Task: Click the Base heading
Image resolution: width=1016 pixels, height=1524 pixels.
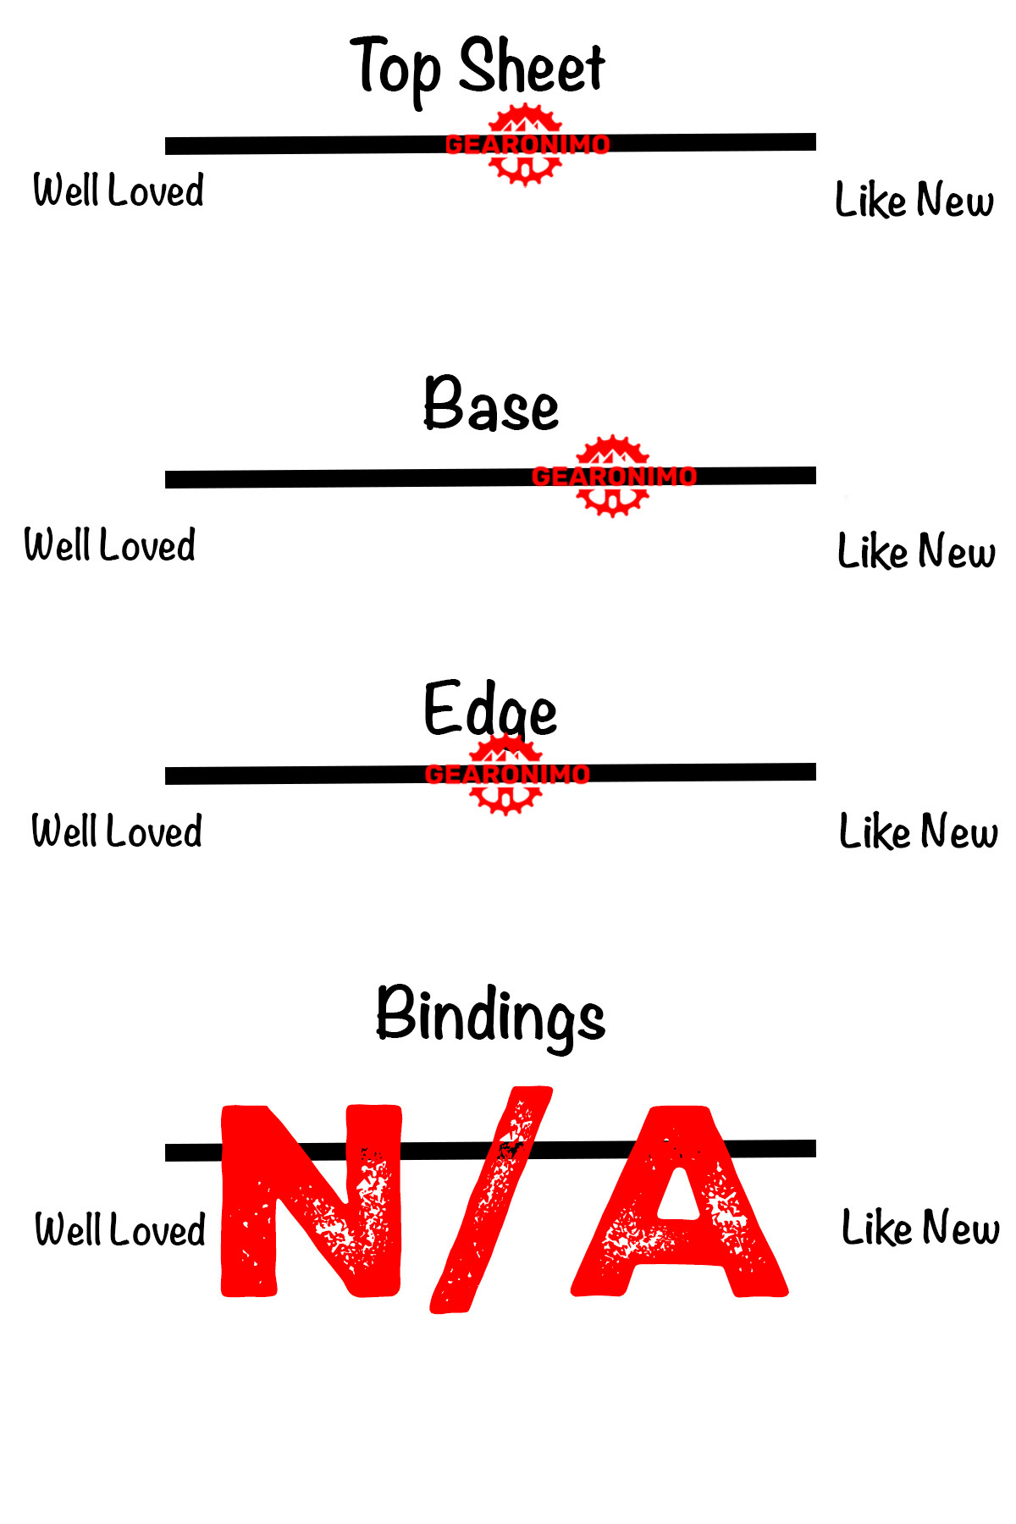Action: pos(491,405)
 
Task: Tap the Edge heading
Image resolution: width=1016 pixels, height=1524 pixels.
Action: pos(490,710)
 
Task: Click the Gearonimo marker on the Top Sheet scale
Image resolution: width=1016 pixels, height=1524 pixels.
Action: pos(526,145)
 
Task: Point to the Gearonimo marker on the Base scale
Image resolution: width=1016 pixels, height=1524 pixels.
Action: pos(613,477)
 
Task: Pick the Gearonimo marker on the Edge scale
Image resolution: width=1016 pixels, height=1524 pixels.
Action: pos(506,774)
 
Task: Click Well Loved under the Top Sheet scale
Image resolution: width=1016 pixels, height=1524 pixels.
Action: pos(119,190)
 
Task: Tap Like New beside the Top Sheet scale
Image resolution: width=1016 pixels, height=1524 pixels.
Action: pos(914,201)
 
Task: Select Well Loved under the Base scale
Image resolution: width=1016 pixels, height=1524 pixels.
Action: pos(110,545)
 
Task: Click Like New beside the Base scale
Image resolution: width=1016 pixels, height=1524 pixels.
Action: pos(916,551)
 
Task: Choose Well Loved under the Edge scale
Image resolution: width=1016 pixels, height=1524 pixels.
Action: pos(117,831)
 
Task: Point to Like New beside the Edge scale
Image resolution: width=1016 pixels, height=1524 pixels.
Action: pos(918,831)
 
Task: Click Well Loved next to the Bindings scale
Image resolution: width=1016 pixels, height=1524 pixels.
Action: pos(120,1229)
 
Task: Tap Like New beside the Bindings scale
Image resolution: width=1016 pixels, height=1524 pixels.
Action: pos(920,1228)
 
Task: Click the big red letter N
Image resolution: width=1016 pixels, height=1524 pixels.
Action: pos(311,1201)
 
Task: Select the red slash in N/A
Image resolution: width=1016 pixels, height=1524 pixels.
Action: pos(491,1201)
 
